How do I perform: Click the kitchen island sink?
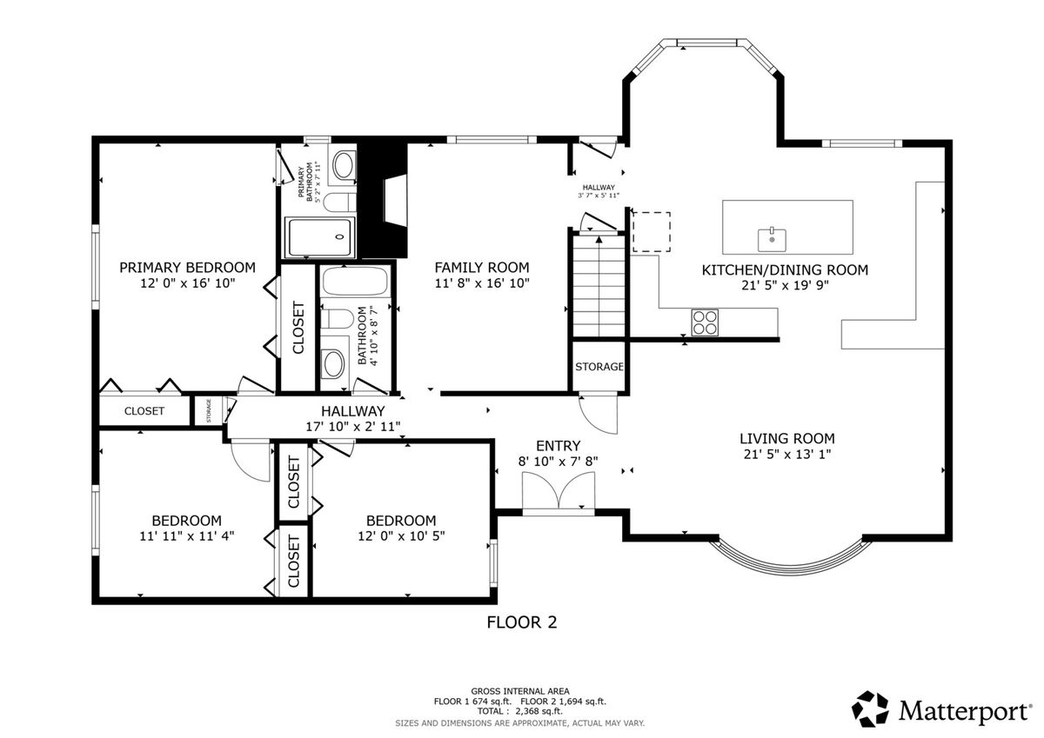coord(772,239)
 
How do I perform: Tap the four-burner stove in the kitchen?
coord(705,322)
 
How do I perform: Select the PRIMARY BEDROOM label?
coord(187,267)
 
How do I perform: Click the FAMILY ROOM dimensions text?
coord(482,283)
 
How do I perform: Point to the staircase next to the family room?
coord(599,285)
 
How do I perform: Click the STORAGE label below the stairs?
coord(599,367)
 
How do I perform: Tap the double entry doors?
coord(559,491)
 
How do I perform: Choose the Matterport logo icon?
coord(870,709)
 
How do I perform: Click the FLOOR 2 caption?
coord(521,622)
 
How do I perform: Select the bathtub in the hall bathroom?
coord(355,281)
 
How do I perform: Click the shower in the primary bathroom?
coord(320,237)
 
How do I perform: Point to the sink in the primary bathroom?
coord(344,165)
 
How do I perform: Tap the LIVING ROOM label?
coord(787,438)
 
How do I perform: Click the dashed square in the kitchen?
coord(651,232)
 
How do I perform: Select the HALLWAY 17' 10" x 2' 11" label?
coord(353,419)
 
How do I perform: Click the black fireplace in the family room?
coord(382,200)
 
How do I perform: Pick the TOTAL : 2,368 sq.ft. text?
coord(519,711)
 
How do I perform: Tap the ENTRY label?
coord(558,446)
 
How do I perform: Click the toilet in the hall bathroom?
coord(338,319)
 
